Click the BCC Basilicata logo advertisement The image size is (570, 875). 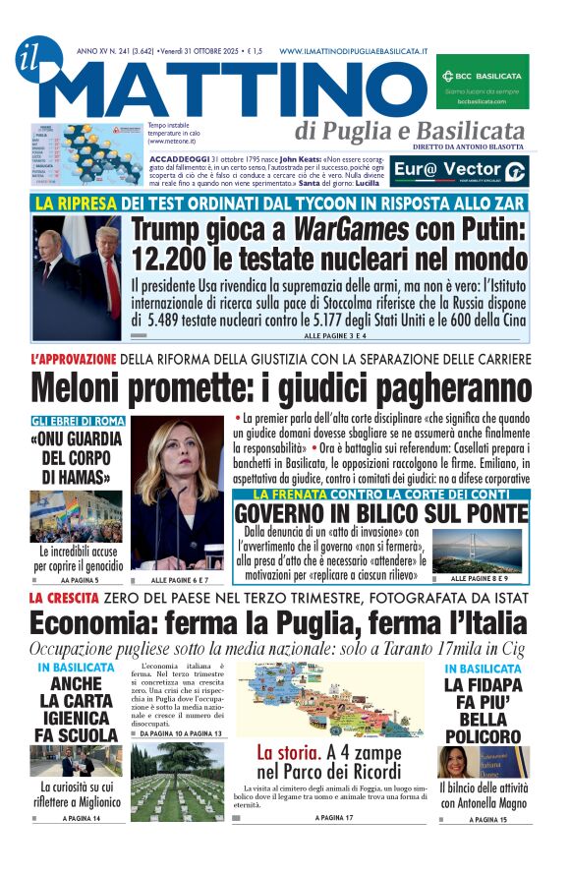coord(482,80)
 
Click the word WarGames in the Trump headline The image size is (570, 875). coord(340,231)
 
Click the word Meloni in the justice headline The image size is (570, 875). coord(88,388)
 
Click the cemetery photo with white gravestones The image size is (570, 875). coord(177,782)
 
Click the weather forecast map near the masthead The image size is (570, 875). coord(86,153)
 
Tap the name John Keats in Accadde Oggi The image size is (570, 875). coord(301,158)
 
